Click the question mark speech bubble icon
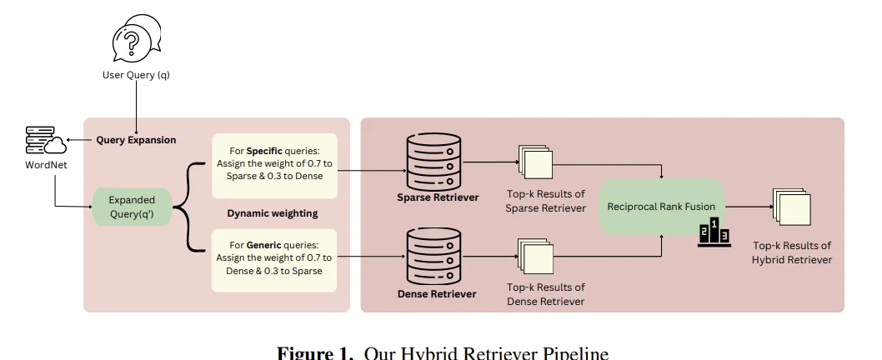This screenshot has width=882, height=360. coord(135,40)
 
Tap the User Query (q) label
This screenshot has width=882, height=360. coord(135,76)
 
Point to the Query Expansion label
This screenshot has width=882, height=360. coord(136,140)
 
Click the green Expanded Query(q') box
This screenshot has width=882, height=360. coord(132,206)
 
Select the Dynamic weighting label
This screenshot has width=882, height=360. coord(273,213)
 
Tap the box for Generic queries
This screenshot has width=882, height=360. coord(274,258)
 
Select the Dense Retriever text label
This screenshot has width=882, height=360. coord(437,293)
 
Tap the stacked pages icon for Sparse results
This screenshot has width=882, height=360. coord(534,161)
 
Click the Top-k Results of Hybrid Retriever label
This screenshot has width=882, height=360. coord(792,252)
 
